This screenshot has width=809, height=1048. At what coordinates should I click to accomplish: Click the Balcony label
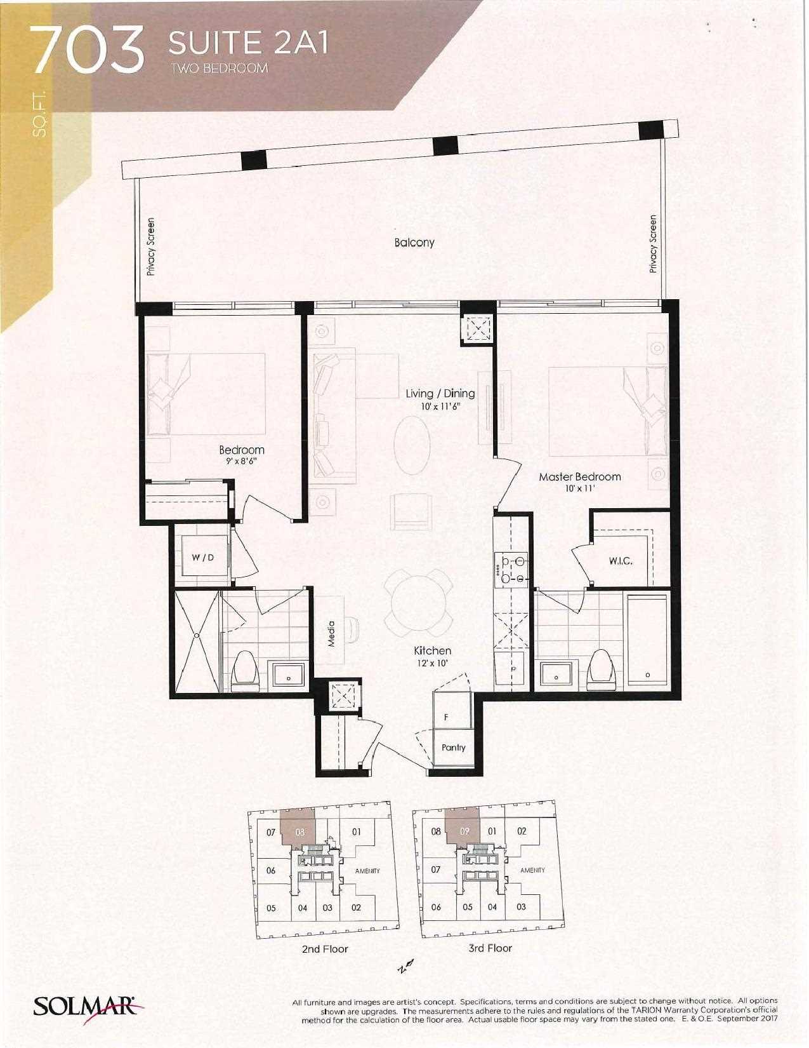[414, 242]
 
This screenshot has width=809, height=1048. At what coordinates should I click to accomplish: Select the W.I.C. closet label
[620, 561]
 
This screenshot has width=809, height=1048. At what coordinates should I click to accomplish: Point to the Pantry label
[454, 748]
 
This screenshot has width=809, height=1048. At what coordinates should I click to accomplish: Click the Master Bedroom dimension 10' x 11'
[580, 488]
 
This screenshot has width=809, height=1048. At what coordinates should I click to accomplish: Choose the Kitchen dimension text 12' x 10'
[433, 663]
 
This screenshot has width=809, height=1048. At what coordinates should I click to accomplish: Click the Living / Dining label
[440, 393]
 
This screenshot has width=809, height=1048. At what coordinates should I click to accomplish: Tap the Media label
[331, 634]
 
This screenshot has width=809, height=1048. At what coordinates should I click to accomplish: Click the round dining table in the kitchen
[419, 603]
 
